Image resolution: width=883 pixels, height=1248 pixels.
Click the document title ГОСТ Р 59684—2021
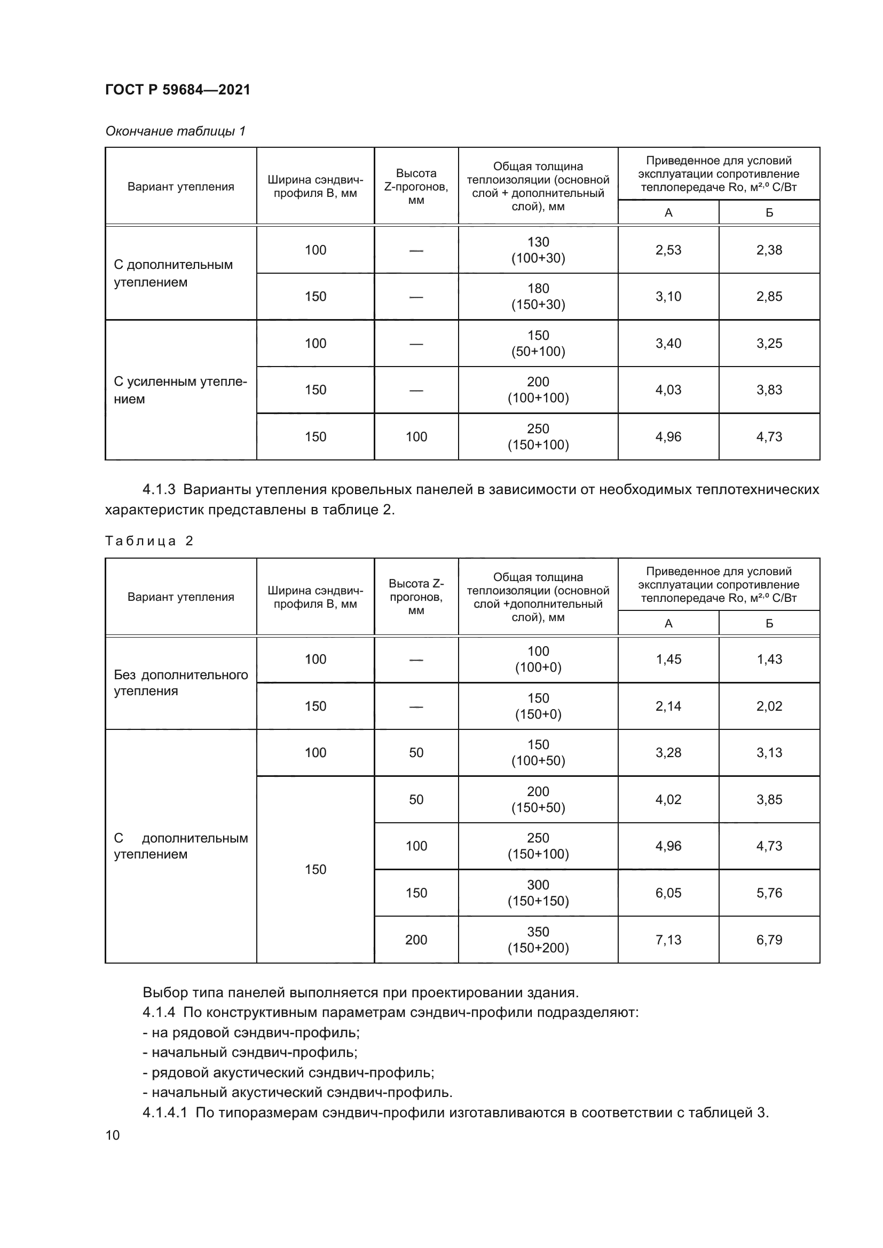(178, 90)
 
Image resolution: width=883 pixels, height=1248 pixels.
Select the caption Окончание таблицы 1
(176, 131)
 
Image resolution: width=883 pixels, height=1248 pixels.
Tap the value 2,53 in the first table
(668, 250)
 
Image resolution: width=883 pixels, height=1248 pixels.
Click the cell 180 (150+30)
(538, 296)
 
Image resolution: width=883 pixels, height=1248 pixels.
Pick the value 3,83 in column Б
(769, 389)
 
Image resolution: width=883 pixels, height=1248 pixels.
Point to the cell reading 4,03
(668, 389)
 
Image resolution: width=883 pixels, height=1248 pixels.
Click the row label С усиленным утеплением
(180, 390)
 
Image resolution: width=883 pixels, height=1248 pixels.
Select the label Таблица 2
(149, 541)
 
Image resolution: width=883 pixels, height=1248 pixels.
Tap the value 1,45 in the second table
(668, 659)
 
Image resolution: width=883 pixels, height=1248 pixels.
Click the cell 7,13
(668, 940)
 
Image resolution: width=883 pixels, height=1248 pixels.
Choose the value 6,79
(769, 940)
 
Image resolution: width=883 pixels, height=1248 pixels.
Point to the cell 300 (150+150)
(538, 893)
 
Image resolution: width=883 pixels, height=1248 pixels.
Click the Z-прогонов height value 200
(416, 940)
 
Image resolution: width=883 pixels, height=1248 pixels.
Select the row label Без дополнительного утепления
(180, 683)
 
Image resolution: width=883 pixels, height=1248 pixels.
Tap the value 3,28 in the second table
(668, 753)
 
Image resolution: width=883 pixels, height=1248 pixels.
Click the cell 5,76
(769, 893)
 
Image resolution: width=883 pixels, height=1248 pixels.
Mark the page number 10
(113, 1135)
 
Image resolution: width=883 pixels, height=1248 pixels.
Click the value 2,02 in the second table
(769, 706)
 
